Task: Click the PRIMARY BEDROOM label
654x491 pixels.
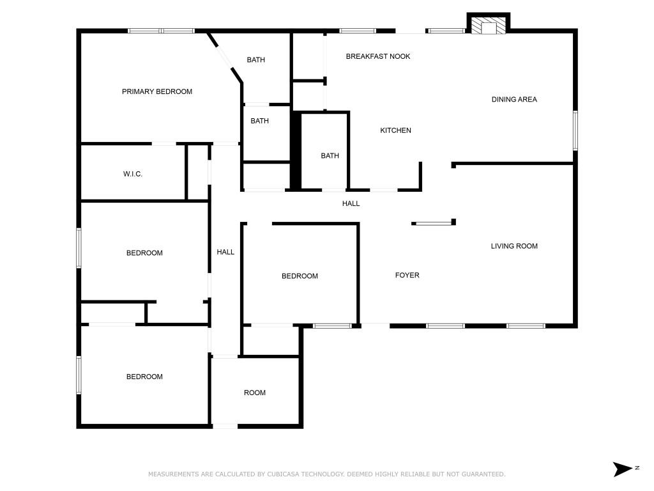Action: (157, 91)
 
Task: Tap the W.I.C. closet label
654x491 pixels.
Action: (133, 174)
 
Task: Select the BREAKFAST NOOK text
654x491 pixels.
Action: (378, 56)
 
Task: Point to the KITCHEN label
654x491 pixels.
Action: (395, 130)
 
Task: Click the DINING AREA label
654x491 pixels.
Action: (514, 99)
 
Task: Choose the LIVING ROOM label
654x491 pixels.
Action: (514, 246)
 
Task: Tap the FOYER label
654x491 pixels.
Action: (407, 275)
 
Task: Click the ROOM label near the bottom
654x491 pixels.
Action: (254, 393)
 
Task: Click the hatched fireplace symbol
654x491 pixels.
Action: (488, 26)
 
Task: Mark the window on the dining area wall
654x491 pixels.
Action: (575, 130)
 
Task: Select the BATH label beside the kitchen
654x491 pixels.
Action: (330, 156)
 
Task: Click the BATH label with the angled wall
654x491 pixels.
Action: (255, 60)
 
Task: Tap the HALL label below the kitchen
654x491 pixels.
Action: (351, 204)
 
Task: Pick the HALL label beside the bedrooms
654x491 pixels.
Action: (225, 252)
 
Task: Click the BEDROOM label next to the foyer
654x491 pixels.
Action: (300, 276)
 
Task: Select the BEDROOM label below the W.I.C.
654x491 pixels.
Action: (144, 253)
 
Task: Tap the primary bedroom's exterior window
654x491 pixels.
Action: (161, 31)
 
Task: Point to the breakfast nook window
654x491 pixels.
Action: (358, 31)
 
